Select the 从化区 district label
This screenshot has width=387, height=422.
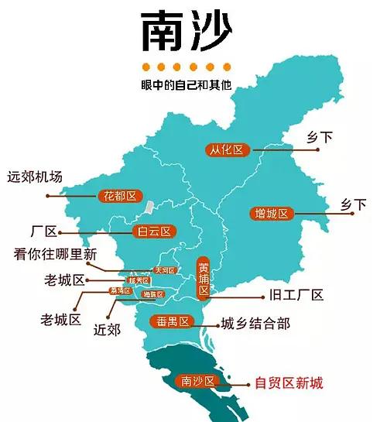pos(228,149)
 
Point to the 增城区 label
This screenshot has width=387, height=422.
pos(272,213)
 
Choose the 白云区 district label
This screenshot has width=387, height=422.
pos(153,231)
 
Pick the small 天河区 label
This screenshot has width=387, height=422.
pos(165,270)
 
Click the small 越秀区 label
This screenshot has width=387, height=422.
pos(139,280)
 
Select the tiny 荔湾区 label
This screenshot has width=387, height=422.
pos(121,291)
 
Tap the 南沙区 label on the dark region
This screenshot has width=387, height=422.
pos(197,381)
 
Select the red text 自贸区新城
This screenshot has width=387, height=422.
pos(289,383)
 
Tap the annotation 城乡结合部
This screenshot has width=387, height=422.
pos(255,323)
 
